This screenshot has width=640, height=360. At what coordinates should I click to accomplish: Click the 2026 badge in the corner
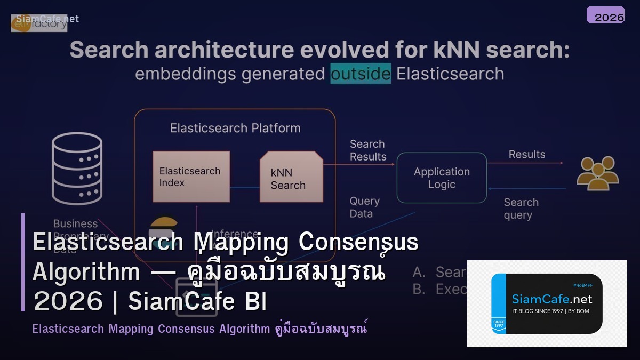[x=605, y=15]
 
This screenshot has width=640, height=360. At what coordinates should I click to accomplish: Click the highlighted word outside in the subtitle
[x=361, y=74]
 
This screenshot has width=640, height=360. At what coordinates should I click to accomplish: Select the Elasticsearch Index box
[x=191, y=177]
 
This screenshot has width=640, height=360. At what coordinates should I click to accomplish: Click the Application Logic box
[x=442, y=178]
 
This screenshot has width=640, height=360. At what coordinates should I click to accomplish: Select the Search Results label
[x=367, y=150]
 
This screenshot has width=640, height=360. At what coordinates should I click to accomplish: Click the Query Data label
[x=365, y=207]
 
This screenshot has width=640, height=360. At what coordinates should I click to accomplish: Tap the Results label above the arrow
[x=526, y=154]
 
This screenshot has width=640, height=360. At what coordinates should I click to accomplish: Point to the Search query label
[x=521, y=209]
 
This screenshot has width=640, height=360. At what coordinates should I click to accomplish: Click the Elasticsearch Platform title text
[x=235, y=128]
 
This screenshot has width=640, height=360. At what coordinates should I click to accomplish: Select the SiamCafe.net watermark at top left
[x=47, y=19]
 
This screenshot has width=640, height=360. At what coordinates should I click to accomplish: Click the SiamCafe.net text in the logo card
[x=552, y=299]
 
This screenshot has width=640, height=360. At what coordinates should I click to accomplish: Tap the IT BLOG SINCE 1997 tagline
[x=550, y=311]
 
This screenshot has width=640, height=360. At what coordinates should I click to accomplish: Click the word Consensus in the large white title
[x=358, y=242]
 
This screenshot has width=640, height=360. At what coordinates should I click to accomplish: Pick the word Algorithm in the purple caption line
[x=244, y=329]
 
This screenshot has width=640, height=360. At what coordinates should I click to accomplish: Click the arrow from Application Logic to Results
[x=525, y=163]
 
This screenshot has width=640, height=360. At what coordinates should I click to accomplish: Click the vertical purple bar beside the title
[x=23, y=262]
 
